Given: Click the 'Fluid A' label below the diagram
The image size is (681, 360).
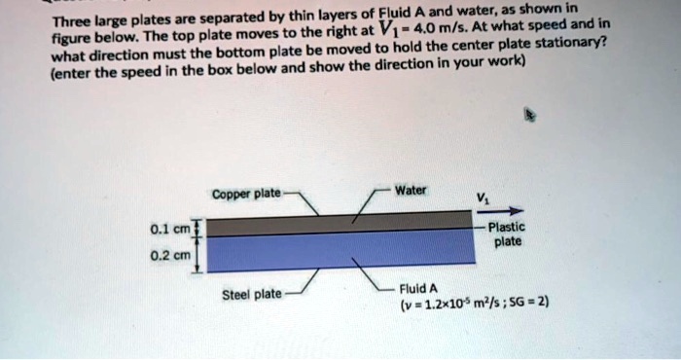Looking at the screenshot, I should pos(420,289).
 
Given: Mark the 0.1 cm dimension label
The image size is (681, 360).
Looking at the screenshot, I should pos(171,230).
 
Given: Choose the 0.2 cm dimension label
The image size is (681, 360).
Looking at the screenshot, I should pos(171,258).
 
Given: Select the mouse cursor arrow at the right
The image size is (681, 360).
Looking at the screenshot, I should pos(530,114).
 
